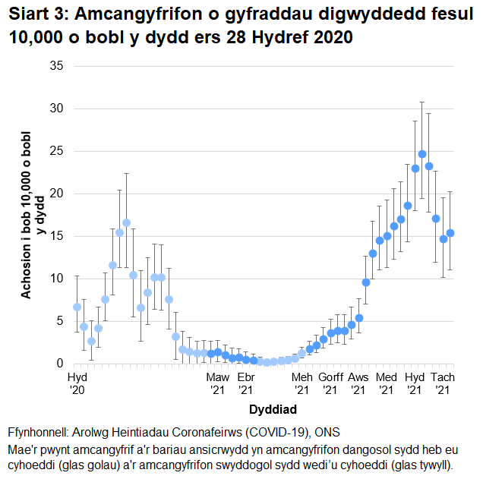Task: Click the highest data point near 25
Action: [x=422, y=154]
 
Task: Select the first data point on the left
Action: [x=77, y=307]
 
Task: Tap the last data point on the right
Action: [x=450, y=233]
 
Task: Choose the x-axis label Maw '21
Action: [x=217, y=383]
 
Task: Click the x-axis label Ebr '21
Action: [x=245, y=383]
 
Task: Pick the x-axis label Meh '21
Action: [x=302, y=383]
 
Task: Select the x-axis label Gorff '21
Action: [x=331, y=383]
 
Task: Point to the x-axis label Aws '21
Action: [x=358, y=383]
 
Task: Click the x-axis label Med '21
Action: [x=387, y=383]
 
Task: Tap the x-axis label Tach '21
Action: [x=443, y=383]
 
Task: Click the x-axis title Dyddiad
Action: [x=271, y=409]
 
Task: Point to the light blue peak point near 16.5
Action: [x=126, y=223]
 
